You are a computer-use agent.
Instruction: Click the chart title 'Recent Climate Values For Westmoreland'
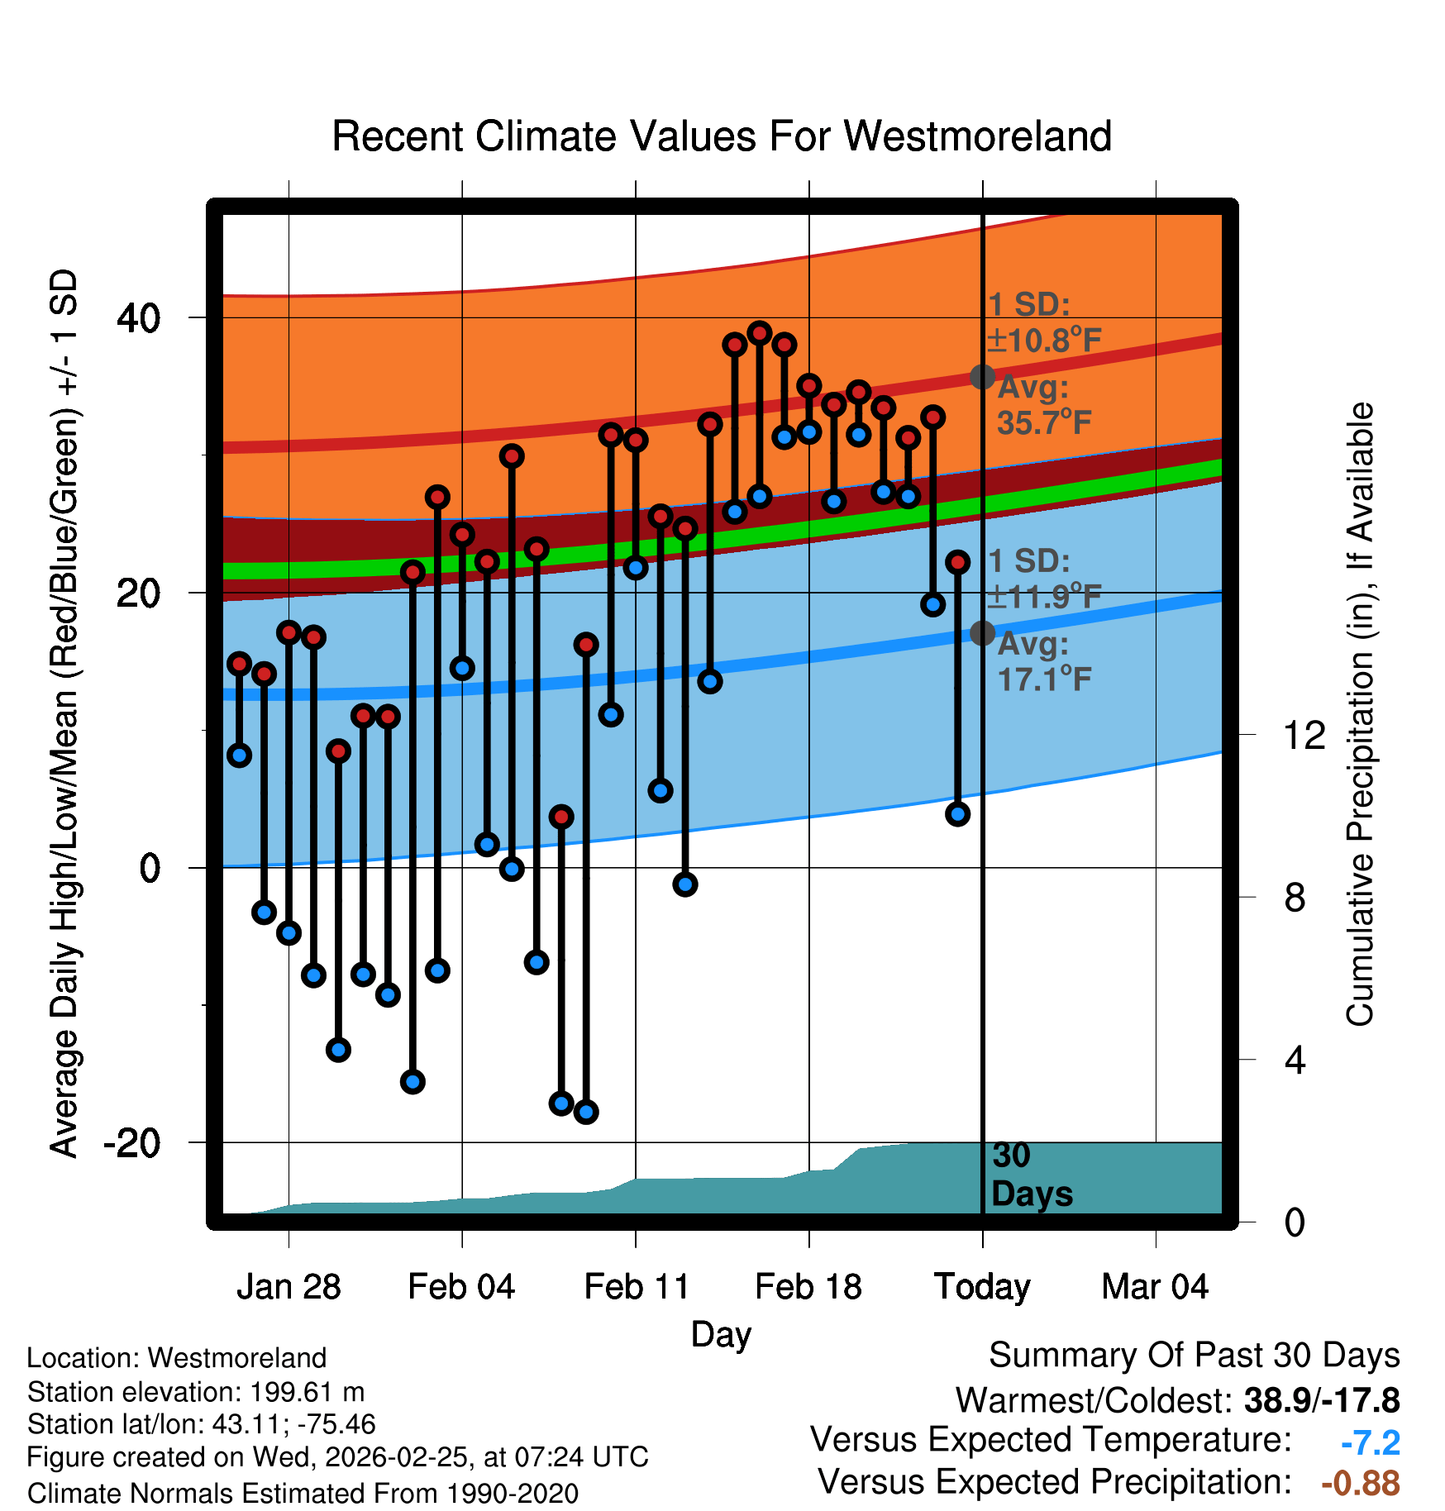(x=721, y=136)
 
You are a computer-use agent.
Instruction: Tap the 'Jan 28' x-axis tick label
(x=289, y=1287)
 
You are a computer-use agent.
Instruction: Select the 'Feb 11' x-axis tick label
(x=636, y=1287)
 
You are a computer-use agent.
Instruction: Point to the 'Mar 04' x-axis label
(x=1155, y=1287)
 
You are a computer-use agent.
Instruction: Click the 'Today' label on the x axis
(x=982, y=1287)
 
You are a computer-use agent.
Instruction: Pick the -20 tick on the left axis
(x=131, y=1143)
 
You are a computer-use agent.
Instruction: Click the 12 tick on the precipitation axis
(x=1304, y=735)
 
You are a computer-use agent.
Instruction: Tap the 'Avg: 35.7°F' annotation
(x=1043, y=405)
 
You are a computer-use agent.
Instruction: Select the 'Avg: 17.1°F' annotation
(x=1043, y=661)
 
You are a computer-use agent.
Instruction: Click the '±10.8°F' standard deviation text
(x=1043, y=340)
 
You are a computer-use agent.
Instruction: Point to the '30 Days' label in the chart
(x=1031, y=1175)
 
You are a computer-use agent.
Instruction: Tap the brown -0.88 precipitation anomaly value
(x=1360, y=1483)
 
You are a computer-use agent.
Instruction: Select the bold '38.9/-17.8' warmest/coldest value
(x=1321, y=1401)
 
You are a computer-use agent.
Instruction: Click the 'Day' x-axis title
(x=721, y=1334)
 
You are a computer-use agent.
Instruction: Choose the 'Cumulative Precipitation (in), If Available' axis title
(x=1360, y=715)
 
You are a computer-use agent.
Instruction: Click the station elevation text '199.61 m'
(x=307, y=1392)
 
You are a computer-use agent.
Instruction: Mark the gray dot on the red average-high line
(x=982, y=377)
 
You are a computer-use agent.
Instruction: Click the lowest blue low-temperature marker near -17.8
(x=586, y=1112)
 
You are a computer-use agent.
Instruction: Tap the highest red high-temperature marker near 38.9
(x=760, y=333)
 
